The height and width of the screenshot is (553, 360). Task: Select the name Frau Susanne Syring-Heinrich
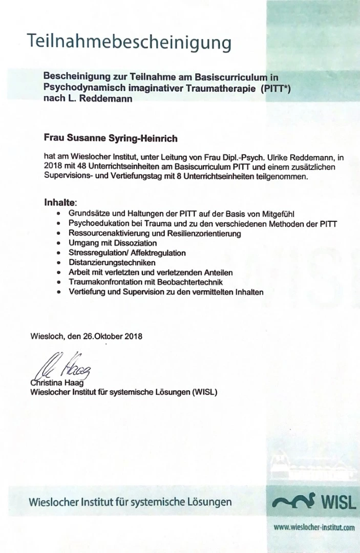111,138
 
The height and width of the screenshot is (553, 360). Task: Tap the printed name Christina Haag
56,384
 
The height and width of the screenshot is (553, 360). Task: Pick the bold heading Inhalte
60,203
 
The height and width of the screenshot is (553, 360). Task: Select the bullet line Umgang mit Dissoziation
113,243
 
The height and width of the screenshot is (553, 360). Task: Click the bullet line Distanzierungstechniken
112,263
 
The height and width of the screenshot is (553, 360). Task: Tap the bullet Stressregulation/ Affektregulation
127,253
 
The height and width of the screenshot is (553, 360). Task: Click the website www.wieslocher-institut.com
314,527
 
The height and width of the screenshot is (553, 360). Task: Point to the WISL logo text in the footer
338,502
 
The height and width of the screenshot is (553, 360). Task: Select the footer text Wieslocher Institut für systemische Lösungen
130,502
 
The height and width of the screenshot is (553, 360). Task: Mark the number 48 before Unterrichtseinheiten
81,167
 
